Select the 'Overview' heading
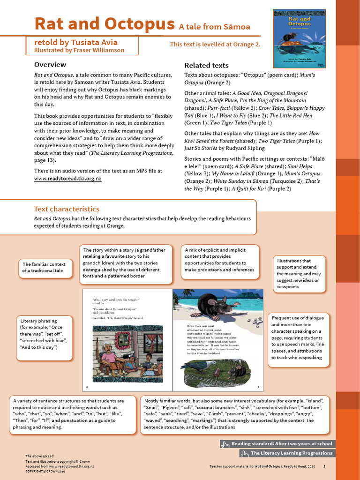pos(50,65)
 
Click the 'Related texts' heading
pos(206,66)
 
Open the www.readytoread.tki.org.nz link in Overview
pos(67,179)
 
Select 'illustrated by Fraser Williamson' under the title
pos(79,50)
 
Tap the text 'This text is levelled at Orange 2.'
pos(215,45)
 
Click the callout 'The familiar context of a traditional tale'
pos(45,268)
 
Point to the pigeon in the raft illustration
pos(197,364)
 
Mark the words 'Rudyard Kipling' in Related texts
pos(248,148)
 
